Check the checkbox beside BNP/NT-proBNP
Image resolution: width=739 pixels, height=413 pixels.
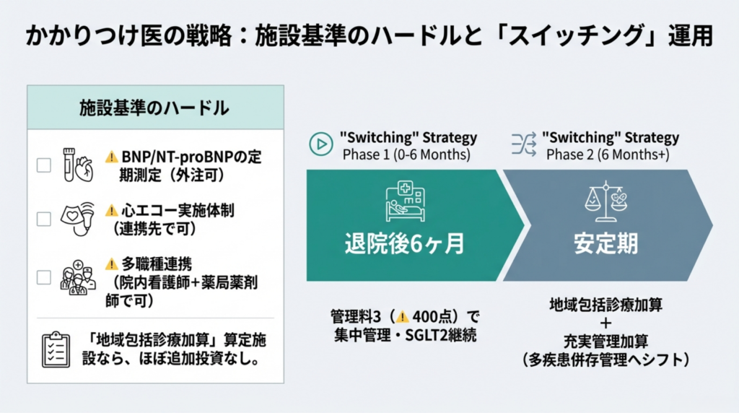44,165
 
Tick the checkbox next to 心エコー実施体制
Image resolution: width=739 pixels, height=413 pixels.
44,219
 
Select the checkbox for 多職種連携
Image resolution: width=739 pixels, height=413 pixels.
44,277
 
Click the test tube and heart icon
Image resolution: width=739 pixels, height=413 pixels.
78,165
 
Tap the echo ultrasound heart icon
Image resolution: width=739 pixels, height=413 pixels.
78,219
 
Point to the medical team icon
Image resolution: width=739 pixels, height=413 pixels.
78,278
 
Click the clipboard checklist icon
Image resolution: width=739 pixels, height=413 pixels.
56,349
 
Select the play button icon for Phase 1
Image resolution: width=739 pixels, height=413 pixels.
321,144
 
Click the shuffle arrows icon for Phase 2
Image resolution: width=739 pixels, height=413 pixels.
524,144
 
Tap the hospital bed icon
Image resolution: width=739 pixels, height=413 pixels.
406,201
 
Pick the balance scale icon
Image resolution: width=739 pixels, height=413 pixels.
606,201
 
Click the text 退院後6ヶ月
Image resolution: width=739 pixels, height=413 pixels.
405,244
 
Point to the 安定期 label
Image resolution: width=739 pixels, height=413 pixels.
606,244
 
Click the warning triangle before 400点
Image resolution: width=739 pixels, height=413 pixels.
402,316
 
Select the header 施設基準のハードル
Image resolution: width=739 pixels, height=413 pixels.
154,108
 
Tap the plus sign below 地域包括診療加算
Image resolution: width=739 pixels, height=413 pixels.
605,323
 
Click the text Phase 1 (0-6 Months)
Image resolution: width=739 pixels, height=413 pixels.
406,155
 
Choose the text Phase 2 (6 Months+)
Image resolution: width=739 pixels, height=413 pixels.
608,155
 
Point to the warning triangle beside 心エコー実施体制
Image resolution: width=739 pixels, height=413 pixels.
111,210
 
